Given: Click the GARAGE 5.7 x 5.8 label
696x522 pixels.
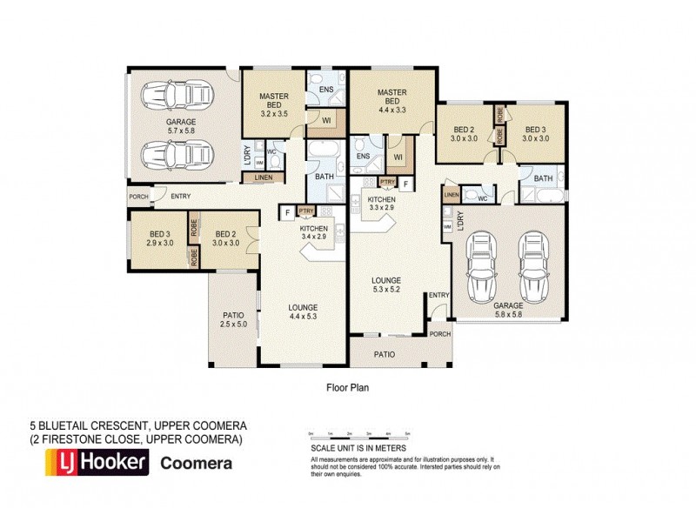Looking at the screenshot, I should coord(182,126).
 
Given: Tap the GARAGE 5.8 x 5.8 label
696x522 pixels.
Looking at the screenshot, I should coord(508,311).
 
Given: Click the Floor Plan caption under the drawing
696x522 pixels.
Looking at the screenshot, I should coord(347,389).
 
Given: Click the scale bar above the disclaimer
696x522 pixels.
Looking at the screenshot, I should coord(359,433).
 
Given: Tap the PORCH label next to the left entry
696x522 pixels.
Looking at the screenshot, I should coord(138,197).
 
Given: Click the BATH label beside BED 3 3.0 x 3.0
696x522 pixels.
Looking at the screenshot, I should coord(543,179).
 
